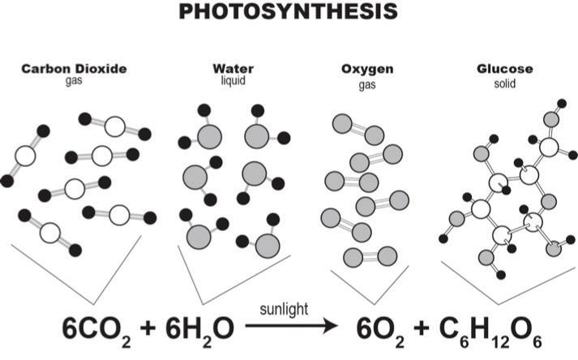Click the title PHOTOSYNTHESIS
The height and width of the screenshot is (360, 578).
288,12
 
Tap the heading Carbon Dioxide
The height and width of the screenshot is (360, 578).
74,68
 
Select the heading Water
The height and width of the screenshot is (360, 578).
227,68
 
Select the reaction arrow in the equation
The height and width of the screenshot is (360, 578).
291,328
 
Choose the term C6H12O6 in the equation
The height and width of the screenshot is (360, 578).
495,330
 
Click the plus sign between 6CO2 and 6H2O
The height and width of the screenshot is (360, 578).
148,327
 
